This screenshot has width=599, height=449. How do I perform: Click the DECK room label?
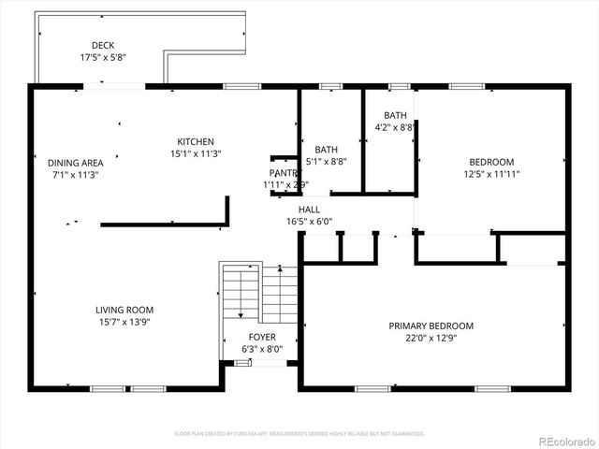tap(103, 45)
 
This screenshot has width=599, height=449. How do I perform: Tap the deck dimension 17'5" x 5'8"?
tap(103, 57)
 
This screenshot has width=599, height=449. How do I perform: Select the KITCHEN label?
tap(196, 141)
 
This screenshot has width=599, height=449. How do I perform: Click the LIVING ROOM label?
tap(124, 310)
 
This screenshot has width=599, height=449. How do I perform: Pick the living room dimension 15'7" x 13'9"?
tap(124, 322)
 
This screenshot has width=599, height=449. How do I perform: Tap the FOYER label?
tap(261, 337)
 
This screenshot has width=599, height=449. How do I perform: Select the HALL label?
tap(309, 210)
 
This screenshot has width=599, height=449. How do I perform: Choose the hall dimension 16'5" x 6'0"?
tap(309, 222)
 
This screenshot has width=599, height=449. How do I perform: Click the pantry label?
tap(282, 173)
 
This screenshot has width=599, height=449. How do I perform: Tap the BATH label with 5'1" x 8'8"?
tap(326, 150)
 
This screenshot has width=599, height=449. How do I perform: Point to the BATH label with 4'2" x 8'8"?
tap(395, 115)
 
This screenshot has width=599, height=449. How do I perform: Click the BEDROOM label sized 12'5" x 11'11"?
tap(491, 162)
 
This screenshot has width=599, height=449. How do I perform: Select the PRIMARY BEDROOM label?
tap(431, 326)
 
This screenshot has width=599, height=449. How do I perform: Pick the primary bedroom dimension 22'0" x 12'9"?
tap(431, 338)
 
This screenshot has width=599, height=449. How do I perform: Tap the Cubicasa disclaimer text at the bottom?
tap(299, 434)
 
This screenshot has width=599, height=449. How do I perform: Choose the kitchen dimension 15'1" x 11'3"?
tap(196, 153)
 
